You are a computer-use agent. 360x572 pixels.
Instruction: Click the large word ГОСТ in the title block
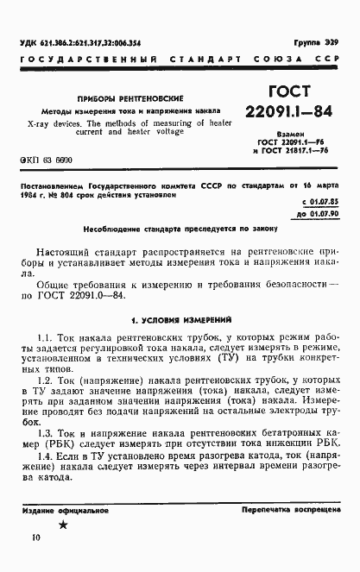point(289,91)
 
